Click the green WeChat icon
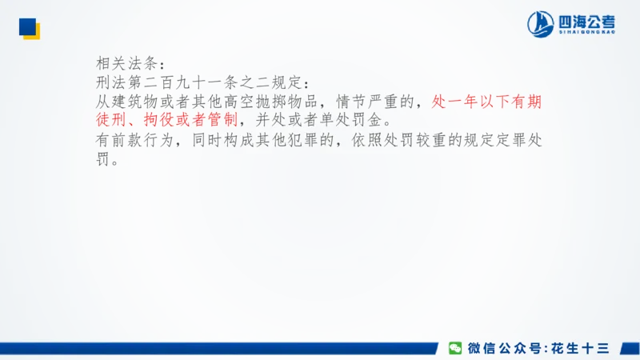[x=454, y=348]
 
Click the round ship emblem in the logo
[x=541, y=24]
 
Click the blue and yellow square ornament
[x=30, y=29]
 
